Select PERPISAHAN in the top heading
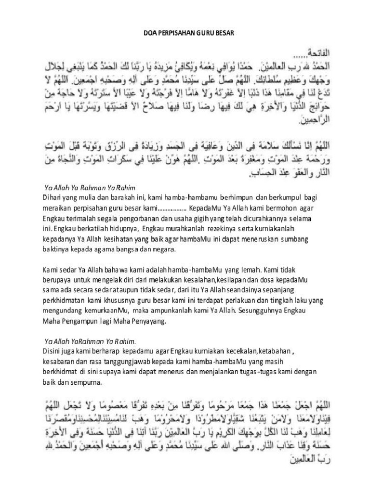pyautogui.click(x=180, y=34)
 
